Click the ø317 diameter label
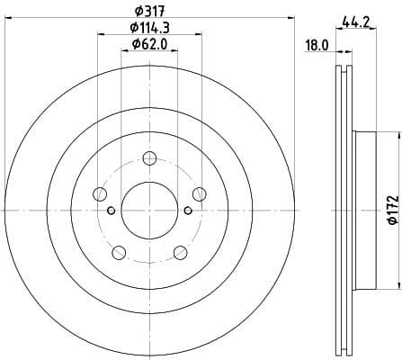click(x=149, y=12)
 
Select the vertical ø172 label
click(x=392, y=209)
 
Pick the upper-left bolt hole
click(x=101, y=193)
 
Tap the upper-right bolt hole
click(x=199, y=193)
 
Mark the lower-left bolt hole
click(x=119, y=251)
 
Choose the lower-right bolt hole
click(x=180, y=251)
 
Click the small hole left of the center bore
click(x=111, y=211)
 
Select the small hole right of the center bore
click(x=188, y=211)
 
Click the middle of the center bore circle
click(x=149, y=210)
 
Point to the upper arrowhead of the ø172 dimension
click(x=392, y=136)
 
